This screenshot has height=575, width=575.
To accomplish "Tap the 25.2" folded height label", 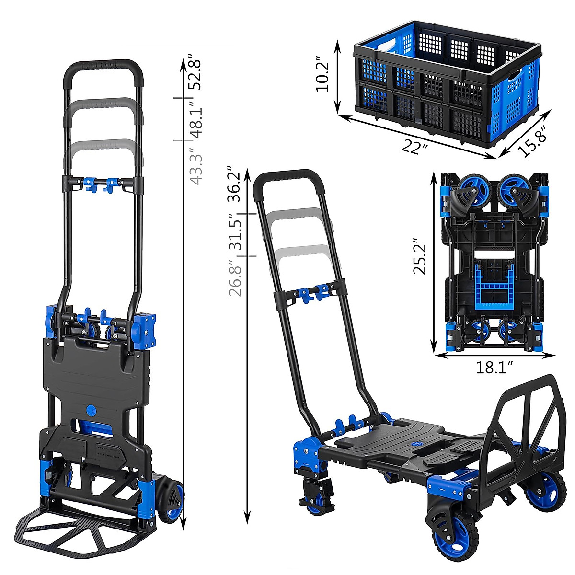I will [x=420, y=257].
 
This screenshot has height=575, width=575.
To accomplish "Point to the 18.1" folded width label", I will [x=494, y=368].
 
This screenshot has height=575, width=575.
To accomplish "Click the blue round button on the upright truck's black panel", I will [x=91, y=411].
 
